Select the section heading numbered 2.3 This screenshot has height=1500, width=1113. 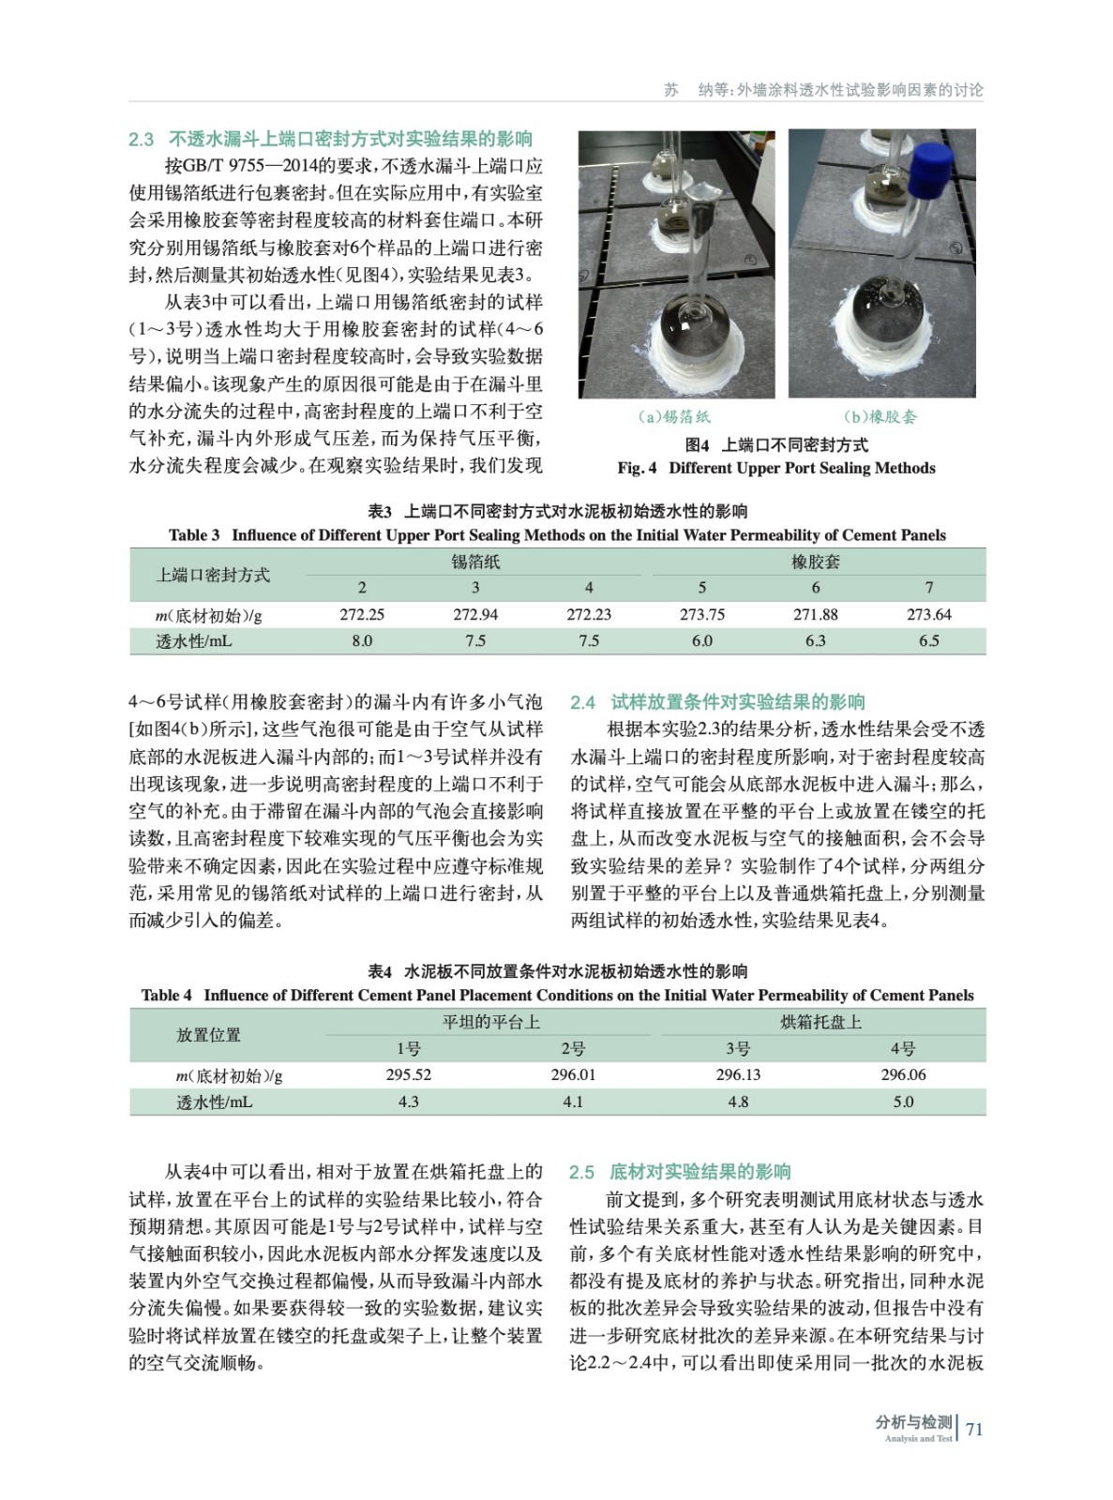click(x=330, y=140)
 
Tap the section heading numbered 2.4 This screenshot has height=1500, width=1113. click(x=717, y=702)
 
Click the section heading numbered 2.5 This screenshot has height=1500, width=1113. click(x=680, y=1172)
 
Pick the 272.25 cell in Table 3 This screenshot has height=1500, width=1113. click(x=362, y=615)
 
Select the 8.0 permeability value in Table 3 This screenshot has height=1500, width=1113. click(x=362, y=641)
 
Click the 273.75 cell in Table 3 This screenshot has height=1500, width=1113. click(x=702, y=615)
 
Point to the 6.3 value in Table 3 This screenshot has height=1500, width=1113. click(x=816, y=641)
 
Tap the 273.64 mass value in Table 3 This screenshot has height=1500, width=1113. click(x=929, y=615)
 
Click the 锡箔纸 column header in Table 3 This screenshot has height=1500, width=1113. click(x=475, y=562)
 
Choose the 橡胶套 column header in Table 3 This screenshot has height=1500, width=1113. click(x=816, y=562)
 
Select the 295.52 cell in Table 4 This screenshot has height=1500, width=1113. click(x=409, y=1075)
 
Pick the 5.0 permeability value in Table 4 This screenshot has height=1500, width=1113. click(x=903, y=1102)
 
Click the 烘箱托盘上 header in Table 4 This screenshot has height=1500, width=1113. click(x=821, y=1022)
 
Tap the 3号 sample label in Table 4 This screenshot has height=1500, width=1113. click(x=738, y=1049)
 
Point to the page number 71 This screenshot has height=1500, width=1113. click(x=974, y=1430)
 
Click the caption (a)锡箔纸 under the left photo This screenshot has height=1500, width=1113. click(x=673, y=417)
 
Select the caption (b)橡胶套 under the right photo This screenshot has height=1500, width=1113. click(x=880, y=417)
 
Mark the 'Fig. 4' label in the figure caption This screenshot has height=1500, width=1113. click(x=637, y=468)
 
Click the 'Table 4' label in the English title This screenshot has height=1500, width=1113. click(x=167, y=996)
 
